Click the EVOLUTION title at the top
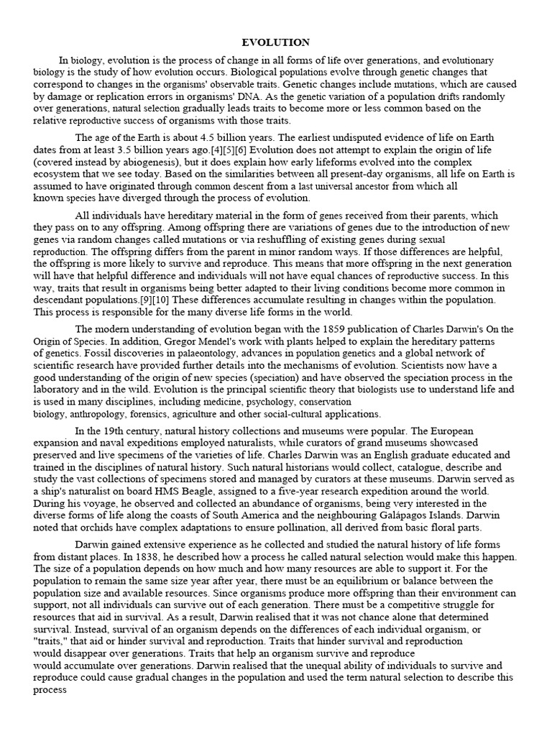click(x=276, y=43)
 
